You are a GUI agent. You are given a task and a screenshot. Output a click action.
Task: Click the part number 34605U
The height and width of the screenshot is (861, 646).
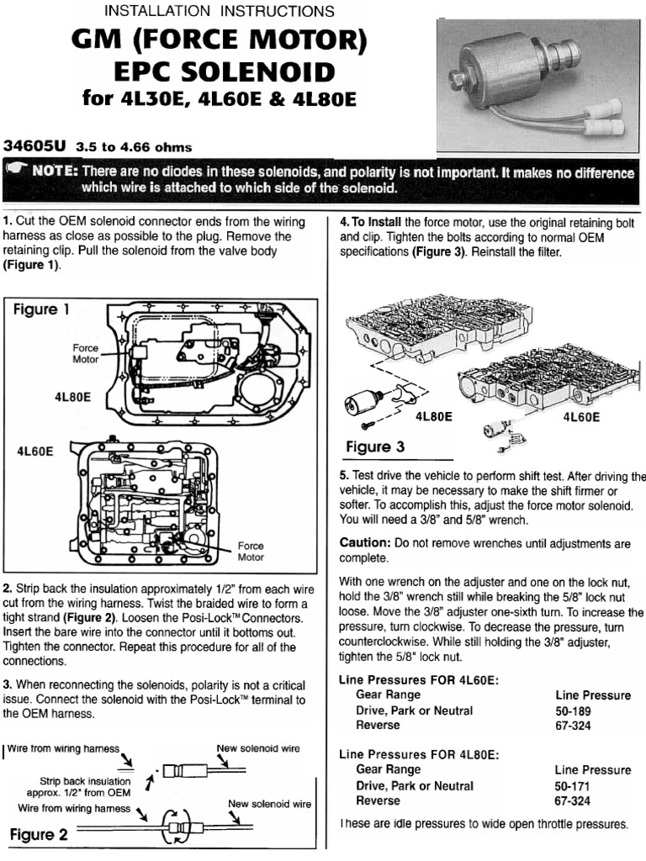point(35,145)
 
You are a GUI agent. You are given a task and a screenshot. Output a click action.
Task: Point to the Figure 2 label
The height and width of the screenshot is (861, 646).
point(39,835)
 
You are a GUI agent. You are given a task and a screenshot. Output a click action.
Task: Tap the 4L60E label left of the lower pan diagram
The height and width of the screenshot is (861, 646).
point(35,451)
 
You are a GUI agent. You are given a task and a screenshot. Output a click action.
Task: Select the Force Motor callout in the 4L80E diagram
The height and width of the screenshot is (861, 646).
point(86,353)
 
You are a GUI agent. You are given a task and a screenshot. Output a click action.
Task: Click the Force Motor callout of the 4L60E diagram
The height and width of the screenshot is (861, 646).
point(251,552)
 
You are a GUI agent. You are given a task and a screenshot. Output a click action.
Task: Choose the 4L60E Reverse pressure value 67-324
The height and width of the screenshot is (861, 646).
point(572,725)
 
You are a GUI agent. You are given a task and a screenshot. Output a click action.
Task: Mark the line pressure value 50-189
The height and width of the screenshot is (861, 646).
point(572,710)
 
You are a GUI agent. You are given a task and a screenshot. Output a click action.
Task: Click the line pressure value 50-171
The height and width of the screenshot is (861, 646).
point(572,785)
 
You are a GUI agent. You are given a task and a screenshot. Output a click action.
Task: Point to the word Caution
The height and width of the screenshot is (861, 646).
point(364,543)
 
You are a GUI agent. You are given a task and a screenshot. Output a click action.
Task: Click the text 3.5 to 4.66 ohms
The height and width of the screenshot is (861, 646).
point(128,146)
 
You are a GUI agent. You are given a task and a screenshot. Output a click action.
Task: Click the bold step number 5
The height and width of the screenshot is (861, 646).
point(343,475)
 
